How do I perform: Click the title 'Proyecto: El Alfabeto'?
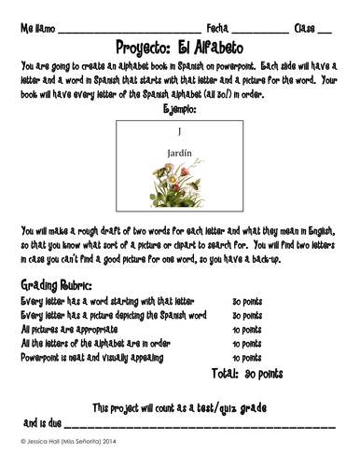click(x=179, y=46)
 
